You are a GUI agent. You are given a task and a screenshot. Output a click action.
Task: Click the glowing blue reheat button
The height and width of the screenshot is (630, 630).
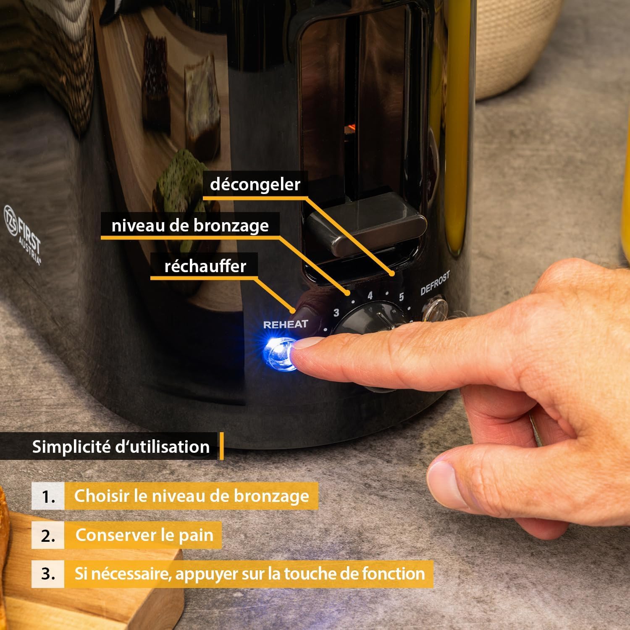[x=279, y=354]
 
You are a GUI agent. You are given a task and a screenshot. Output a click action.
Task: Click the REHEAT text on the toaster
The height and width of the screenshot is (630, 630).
[x=286, y=324]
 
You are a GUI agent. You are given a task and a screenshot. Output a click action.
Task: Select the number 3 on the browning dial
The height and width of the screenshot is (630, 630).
[x=336, y=313]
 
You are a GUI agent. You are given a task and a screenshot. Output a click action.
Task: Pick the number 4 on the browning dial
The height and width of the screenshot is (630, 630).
[x=370, y=296]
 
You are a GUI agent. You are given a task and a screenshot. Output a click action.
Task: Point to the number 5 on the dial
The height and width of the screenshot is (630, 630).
[x=402, y=297]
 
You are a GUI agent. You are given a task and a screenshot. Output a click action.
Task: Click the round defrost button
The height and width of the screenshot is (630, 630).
[x=434, y=310]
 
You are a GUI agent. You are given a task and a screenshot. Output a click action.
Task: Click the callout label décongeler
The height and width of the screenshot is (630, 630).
[x=255, y=184]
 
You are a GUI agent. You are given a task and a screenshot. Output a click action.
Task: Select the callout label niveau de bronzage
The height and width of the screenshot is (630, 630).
[x=190, y=226]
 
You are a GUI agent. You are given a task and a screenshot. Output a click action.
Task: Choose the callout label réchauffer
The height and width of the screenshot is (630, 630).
[x=205, y=266]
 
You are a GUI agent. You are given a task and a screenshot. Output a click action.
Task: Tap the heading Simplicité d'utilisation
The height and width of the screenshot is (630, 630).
[x=121, y=446]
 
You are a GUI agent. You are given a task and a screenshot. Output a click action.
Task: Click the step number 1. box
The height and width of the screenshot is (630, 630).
[x=48, y=496]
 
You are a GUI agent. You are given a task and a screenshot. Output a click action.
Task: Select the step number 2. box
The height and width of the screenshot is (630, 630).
[x=48, y=535]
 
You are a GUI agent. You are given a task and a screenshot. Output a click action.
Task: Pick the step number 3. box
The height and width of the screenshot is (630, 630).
[x=48, y=574]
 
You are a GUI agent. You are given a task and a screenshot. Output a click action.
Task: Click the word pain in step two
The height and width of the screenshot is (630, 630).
[x=196, y=535]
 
